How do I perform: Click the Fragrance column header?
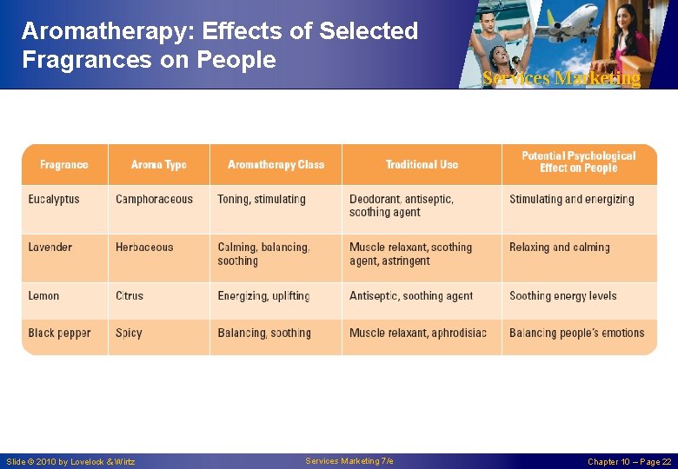coord(64,164)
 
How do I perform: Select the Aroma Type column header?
coord(159,164)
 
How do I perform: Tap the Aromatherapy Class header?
coord(276,164)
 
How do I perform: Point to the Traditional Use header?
coord(422,164)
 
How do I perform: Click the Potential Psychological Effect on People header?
coord(578,162)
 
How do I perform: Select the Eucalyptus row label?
coord(54,200)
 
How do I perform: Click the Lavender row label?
coord(50,248)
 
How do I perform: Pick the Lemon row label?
coord(44,296)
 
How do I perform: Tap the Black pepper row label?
coord(59,334)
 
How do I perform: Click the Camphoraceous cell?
coord(154,200)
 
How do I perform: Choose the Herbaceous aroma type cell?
coord(144,248)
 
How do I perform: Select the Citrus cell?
coord(130,296)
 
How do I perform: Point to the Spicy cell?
coord(129,334)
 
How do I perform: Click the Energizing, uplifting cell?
coord(263,296)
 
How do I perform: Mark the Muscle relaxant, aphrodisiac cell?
coord(418,334)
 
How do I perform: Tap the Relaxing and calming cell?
coord(560,248)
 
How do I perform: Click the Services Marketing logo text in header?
coord(562,79)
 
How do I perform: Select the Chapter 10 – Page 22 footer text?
coord(628,462)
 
